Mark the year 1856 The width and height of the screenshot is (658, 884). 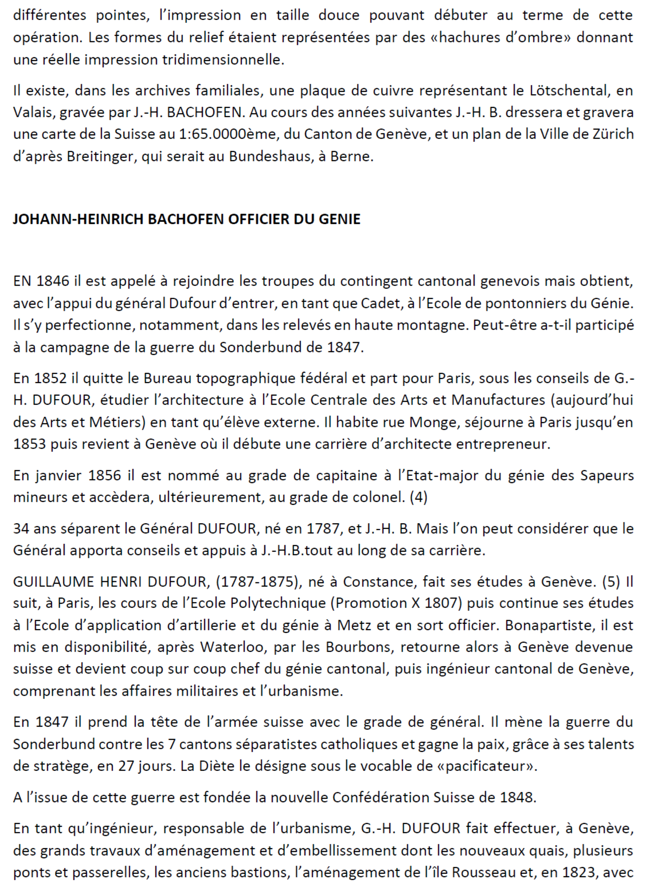point(104,475)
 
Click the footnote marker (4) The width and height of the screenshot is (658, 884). point(418,497)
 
